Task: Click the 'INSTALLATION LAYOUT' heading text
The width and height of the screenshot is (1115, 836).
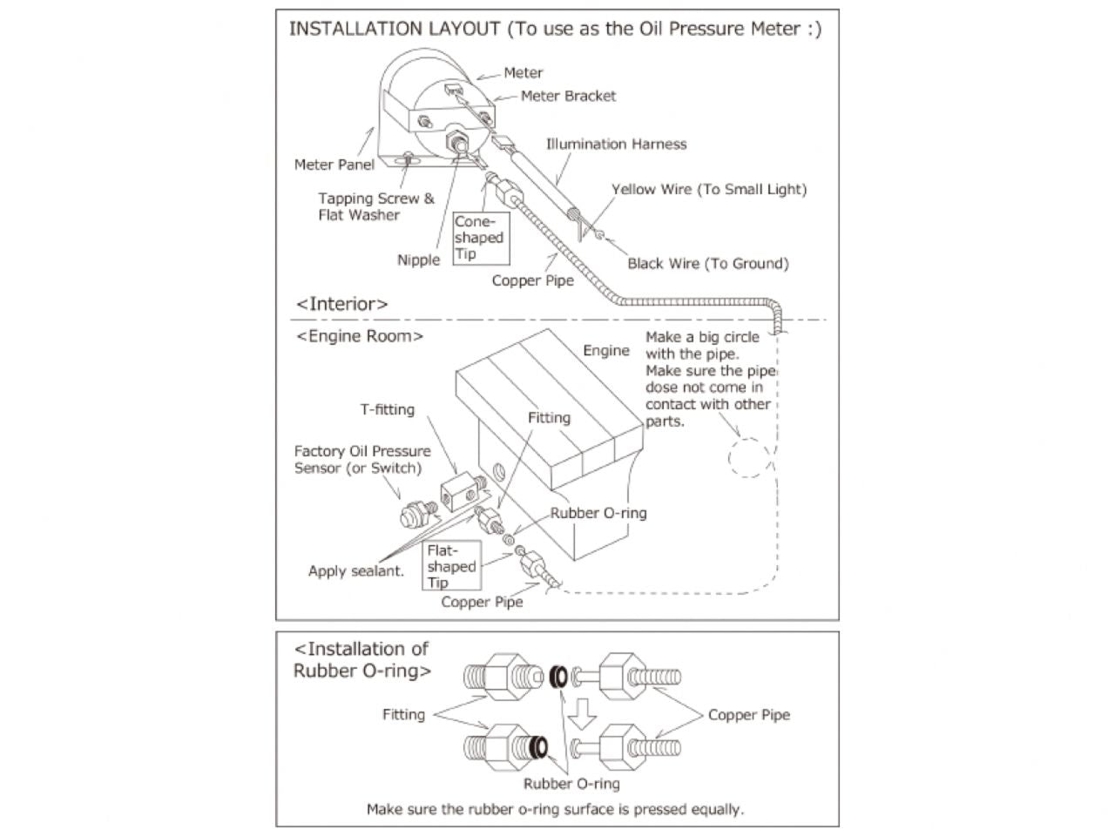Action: click(396, 29)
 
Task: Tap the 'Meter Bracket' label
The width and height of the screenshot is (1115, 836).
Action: click(568, 96)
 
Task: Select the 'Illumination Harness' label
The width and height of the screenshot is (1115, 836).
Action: click(616, 145)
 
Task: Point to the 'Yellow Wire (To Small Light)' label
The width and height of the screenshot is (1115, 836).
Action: click(708, 190)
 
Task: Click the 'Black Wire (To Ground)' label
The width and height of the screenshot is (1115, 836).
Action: click(707, 264)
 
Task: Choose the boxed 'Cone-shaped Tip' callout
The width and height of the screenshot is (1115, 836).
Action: click(479, 238)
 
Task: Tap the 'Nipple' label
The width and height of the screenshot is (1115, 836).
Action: click(418, 260)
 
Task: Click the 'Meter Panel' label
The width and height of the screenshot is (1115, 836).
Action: click(334, 165)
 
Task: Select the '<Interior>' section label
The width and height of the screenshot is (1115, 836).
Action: click(341, 304)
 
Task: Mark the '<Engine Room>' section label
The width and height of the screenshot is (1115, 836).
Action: click(359, 336)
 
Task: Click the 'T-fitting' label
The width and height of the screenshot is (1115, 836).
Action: click(387, 409)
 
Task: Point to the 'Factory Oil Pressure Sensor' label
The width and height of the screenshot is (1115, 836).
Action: click(362, 459)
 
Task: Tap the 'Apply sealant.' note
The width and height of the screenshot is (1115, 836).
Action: click(355, 571)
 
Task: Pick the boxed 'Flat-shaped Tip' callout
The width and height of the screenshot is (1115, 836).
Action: click(451, 566)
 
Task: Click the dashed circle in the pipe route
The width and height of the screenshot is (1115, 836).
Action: click(749, 457)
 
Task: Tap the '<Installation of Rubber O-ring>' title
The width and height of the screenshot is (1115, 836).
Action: click(362, 659)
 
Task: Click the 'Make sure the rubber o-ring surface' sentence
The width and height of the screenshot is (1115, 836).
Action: click(555, 809)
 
